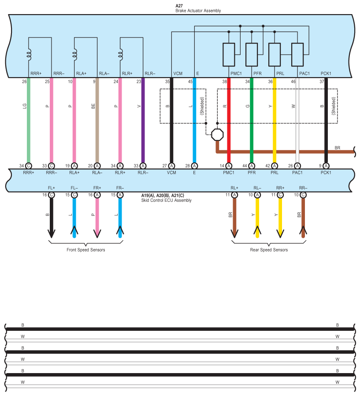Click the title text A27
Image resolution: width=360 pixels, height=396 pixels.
coord(179,6)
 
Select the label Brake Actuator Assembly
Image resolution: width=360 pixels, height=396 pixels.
coord(198,11)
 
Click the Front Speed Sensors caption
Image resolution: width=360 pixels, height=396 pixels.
coord(85,250)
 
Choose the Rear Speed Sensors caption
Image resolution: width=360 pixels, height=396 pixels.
coord(269,250)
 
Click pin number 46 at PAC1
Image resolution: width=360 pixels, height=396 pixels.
coord(293,81)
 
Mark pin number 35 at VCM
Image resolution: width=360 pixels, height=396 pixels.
coord(167,81)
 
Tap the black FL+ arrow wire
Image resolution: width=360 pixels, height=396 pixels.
coord(52,216)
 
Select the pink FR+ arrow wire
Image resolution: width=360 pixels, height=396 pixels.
coord(97,216)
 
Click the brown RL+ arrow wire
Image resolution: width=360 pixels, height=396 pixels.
coord(234,216)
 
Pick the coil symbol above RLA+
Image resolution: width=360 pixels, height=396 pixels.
coord(75,55)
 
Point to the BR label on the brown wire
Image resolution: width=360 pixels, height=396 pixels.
coord(338,148)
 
